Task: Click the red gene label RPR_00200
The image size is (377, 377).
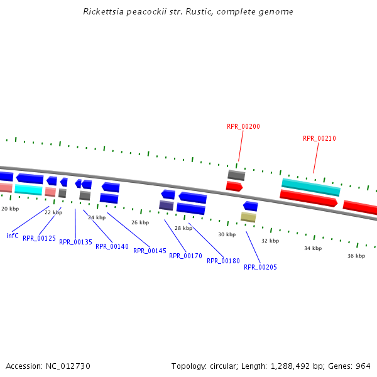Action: (243, 126)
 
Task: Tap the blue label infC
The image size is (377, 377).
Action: (13, 236)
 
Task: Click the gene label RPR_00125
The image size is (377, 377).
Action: (39, 238)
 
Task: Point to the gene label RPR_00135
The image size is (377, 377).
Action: (75, 242)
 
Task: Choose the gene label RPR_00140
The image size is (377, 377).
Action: (112, 246)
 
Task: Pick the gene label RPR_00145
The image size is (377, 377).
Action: (150, 251)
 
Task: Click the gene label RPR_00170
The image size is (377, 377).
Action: (185, 256)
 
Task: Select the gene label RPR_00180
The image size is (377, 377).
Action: (223, 261)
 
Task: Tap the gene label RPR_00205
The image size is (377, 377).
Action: (260, 267)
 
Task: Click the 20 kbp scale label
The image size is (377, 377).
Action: (10, 208)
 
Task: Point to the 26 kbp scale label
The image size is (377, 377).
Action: (140, 222)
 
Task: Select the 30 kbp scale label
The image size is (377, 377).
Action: (227, 234)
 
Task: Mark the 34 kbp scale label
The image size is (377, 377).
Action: (313, 248)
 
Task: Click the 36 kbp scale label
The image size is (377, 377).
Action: (356, 256)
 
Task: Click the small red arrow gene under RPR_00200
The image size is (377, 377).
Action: (234, 186)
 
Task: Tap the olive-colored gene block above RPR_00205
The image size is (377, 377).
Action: (248, 217)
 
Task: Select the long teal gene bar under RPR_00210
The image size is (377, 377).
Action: (310, 187)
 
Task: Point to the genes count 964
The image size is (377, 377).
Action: (363, 366)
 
